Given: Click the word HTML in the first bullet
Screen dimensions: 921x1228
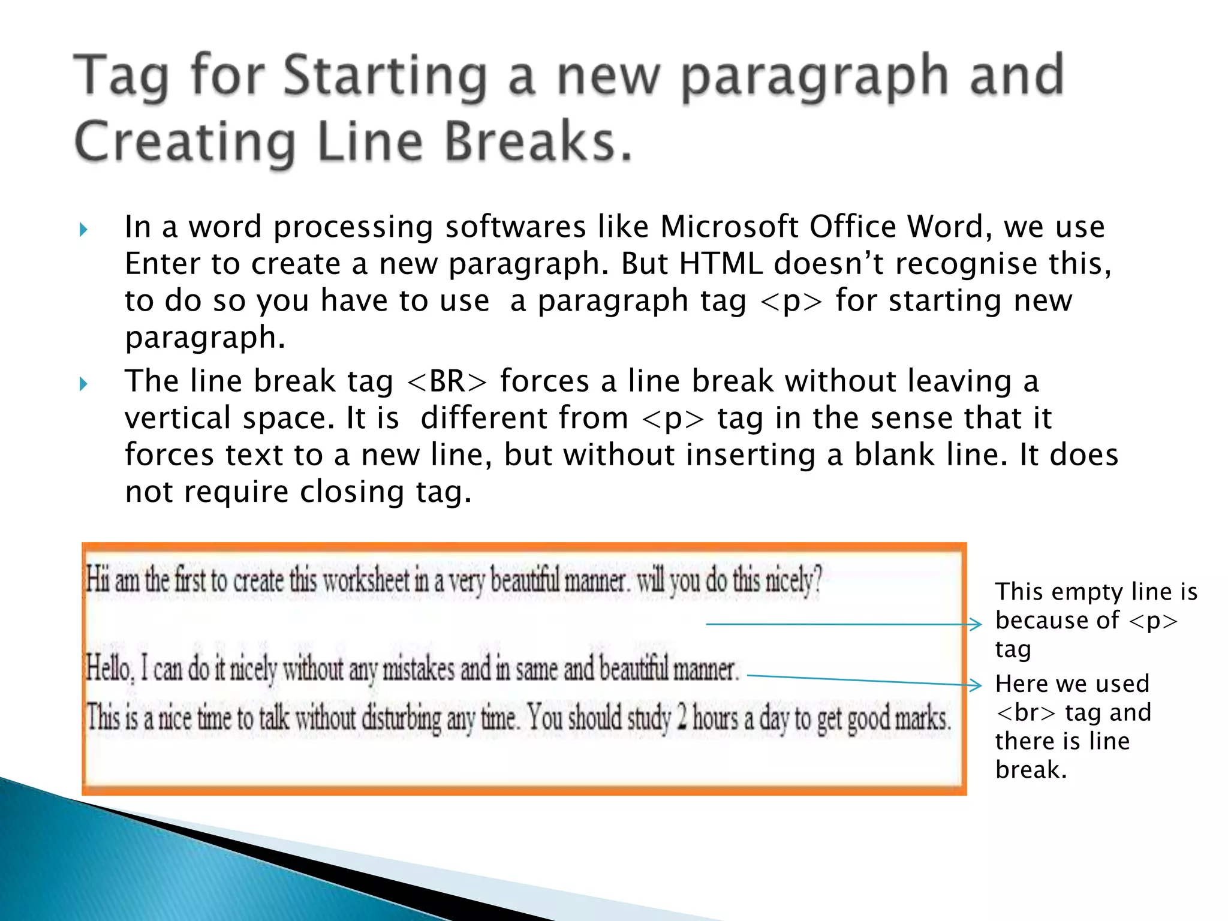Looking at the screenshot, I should (x=721, y=264).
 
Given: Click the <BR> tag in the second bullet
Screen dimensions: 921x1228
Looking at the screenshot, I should (x=447, y=381).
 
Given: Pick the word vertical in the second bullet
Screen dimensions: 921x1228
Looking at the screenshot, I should (x=177, y=418).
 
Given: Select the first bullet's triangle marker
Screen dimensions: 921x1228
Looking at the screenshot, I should (x=83, y=230).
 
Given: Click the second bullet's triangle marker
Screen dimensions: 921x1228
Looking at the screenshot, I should (x=83, y=384).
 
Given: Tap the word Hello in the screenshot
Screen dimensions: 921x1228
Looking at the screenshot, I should (x=108, y=668).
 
